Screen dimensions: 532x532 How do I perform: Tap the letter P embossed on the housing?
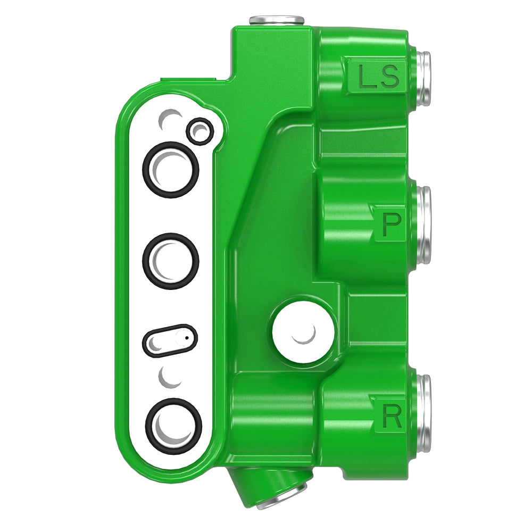[x=391, y=224]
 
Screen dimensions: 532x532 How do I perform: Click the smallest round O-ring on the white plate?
[x=200, y=131]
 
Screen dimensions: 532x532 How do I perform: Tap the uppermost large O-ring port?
[x=171, y=169]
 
